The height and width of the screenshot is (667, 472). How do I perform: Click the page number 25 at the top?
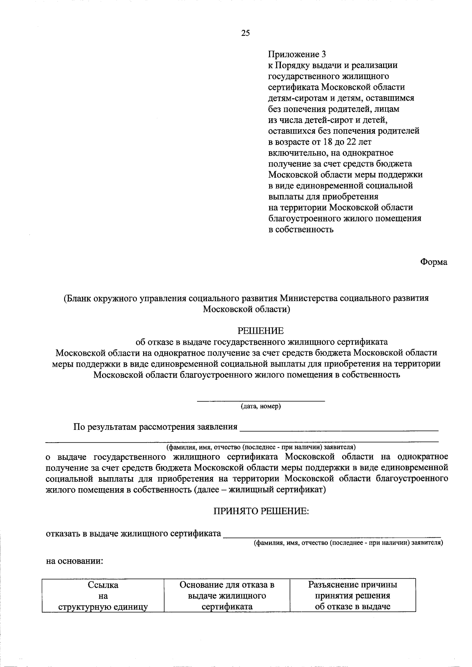245,33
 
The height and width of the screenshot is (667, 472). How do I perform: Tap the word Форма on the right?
433,262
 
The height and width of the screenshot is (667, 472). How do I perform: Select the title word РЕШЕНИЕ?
260,331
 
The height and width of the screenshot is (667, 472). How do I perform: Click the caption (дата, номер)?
261,406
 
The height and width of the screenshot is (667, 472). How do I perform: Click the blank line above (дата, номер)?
261,400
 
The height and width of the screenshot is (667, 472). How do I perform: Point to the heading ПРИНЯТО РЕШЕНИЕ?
261,511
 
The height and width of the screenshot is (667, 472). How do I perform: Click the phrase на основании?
75,561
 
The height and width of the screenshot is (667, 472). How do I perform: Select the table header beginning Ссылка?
103,595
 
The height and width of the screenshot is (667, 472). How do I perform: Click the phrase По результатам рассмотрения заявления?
155,427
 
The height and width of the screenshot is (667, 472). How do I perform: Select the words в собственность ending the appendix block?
301,230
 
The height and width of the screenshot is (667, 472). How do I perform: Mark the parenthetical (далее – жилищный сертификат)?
260,490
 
